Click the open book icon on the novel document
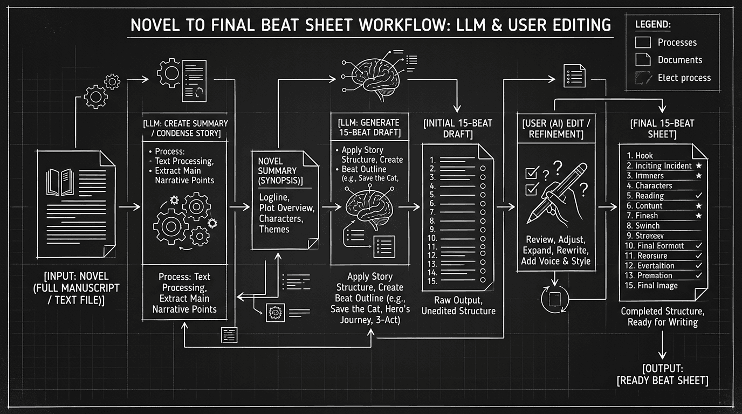60,182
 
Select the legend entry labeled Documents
679,60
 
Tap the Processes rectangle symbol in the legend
643,43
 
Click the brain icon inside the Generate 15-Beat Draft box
367,206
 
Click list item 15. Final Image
651,286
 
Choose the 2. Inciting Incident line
659,166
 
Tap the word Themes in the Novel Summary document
274,230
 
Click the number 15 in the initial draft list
431,281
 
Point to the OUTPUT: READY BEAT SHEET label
662,374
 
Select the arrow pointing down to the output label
663,345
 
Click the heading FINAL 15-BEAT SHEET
662,128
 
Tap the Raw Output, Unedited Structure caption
458,306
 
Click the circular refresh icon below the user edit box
555,298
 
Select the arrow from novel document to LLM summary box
128,206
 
